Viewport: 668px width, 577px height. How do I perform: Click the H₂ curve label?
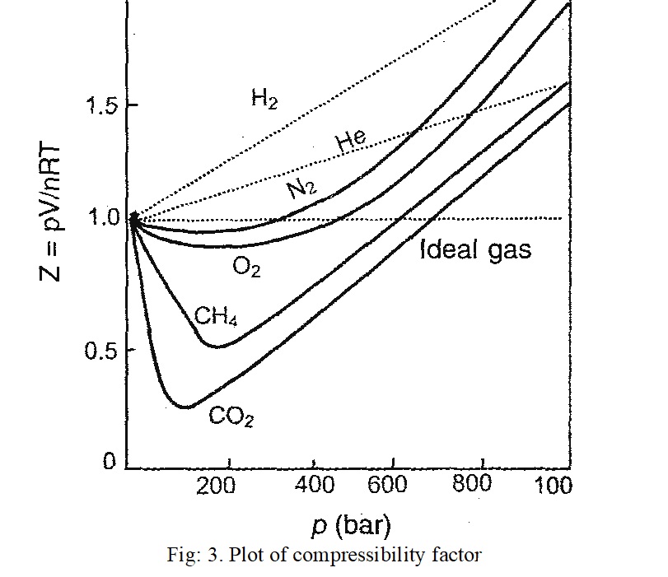coord(264,101)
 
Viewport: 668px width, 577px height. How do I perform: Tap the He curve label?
coord(352,142)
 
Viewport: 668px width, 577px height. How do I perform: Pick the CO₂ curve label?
coord(231,417)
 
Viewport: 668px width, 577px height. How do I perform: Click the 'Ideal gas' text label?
coord(475,250)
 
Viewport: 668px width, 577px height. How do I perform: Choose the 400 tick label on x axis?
coord(314,486)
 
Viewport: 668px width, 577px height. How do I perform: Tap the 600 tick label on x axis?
coord(388,486)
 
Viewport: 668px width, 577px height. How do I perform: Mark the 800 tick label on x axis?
coord(473,484)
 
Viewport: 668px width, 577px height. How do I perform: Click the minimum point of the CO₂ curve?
coord(185,407)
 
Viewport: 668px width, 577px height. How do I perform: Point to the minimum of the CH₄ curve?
coord(216,347)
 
